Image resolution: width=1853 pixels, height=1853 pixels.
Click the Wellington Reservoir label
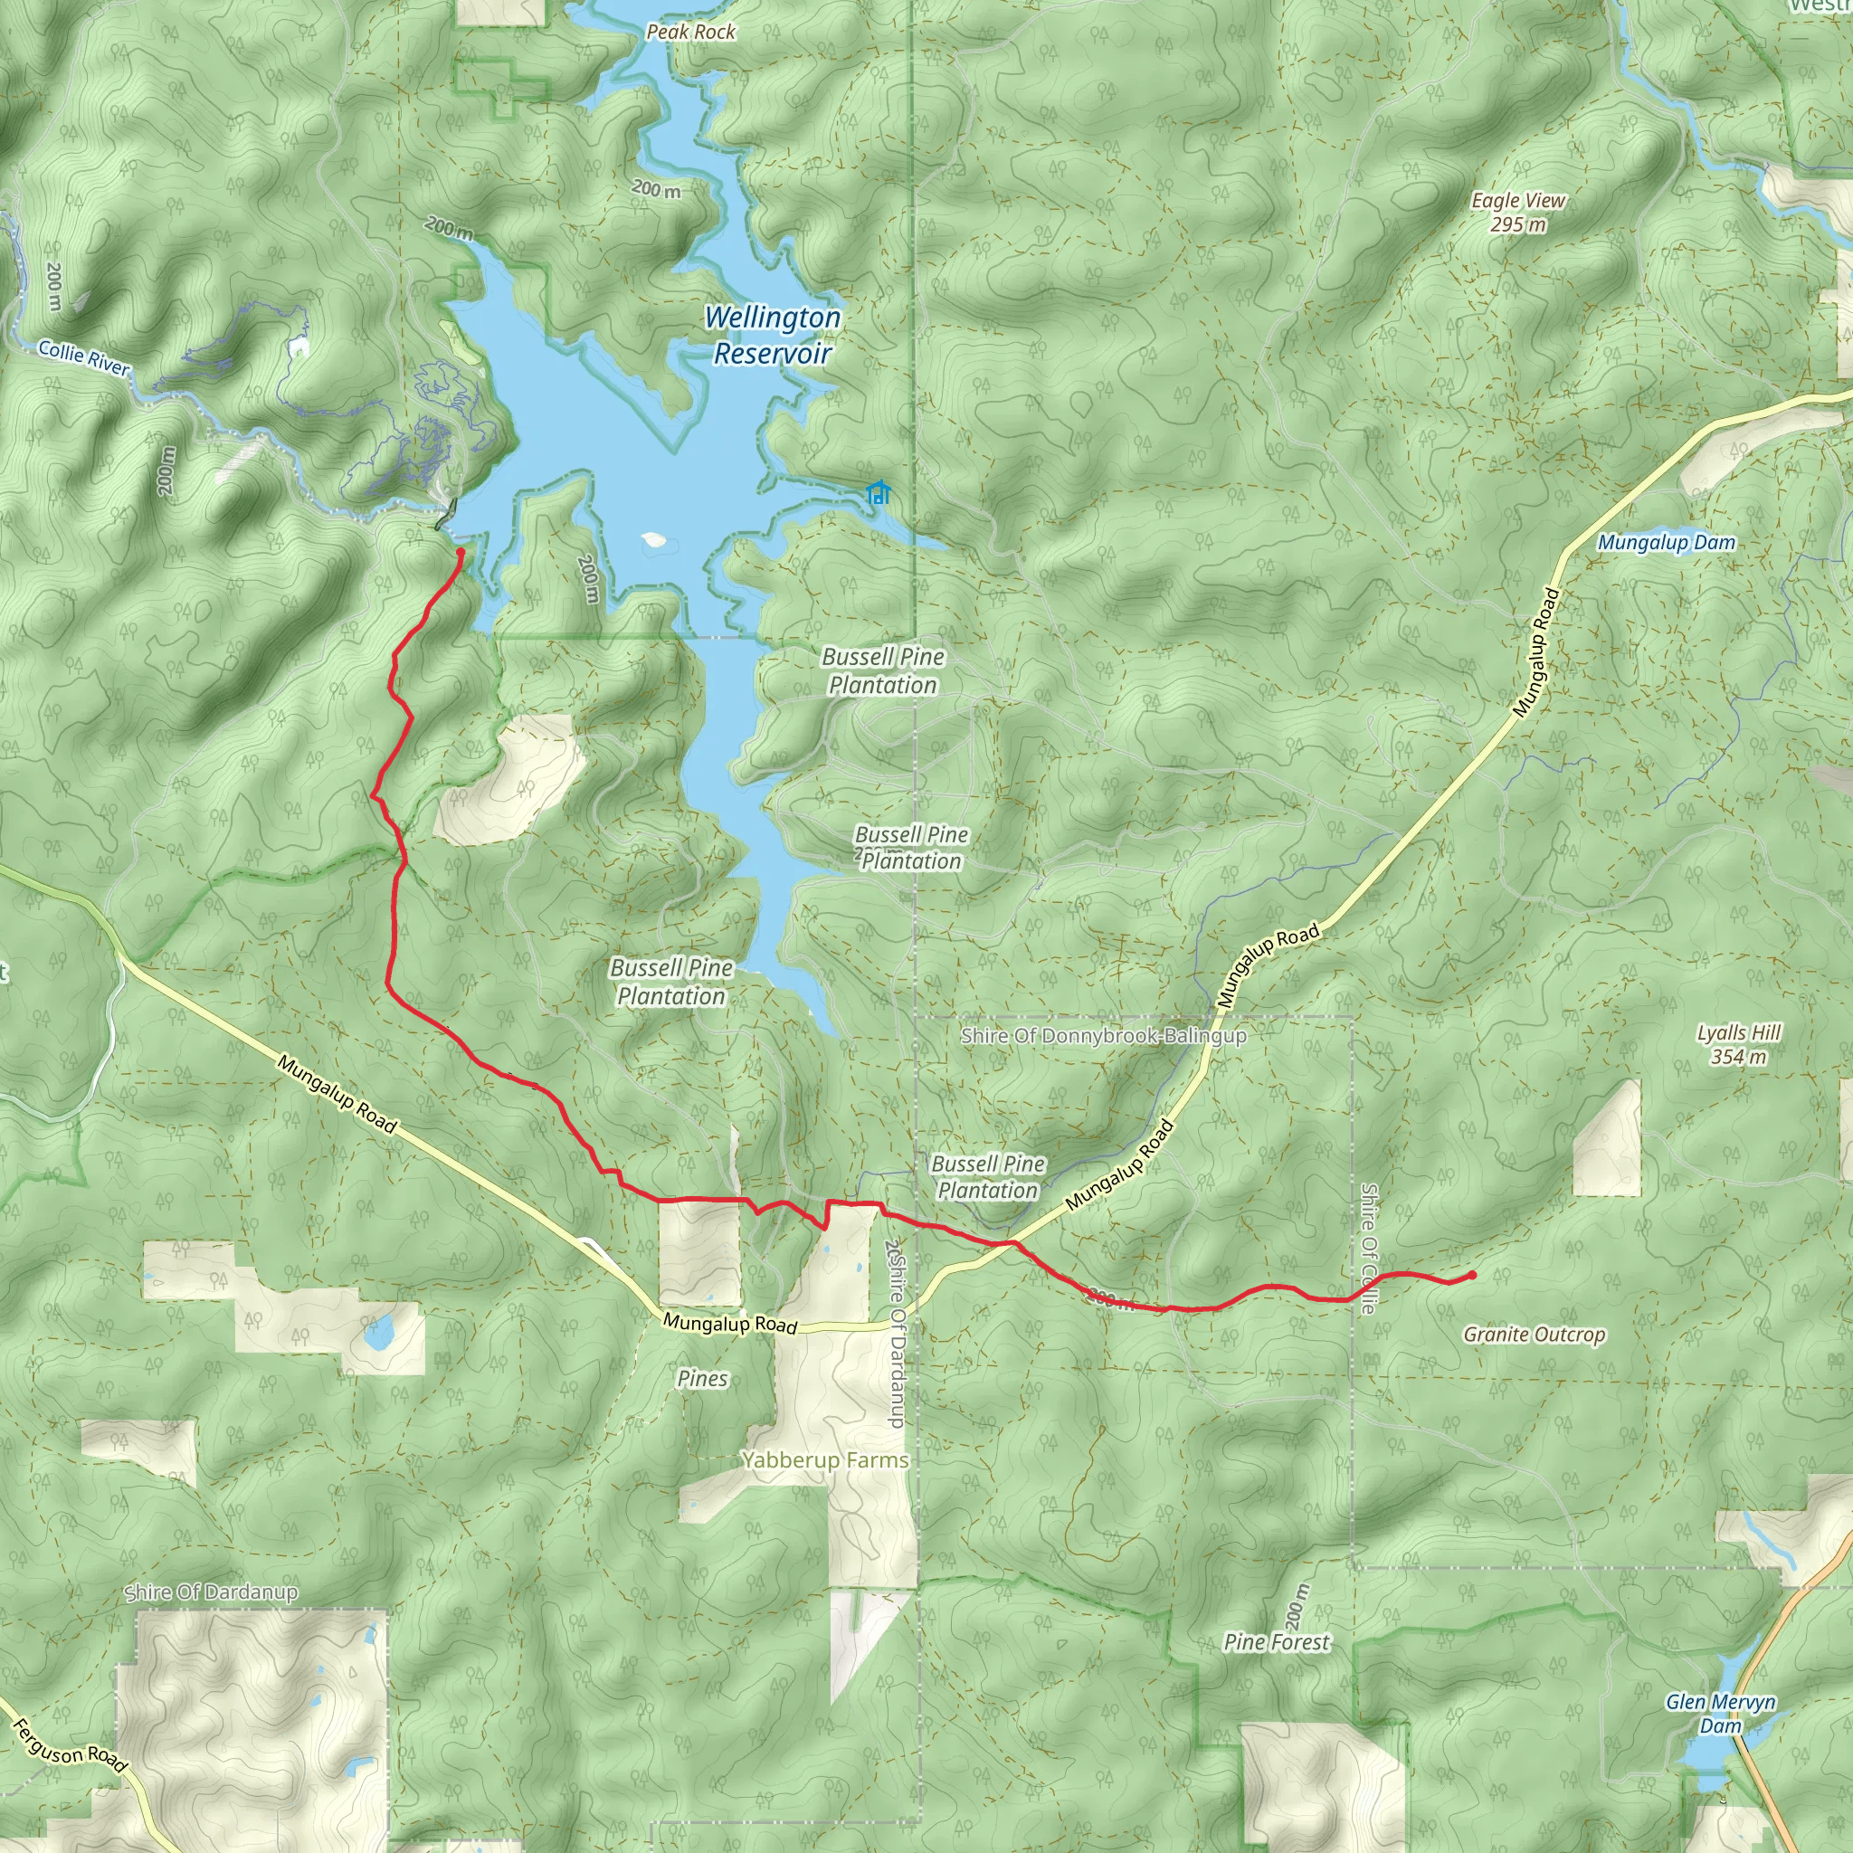(x=772, y=335)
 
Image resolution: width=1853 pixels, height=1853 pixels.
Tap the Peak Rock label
(x=690, y=32)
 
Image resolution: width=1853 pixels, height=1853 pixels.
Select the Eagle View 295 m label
(x=1517, y=212)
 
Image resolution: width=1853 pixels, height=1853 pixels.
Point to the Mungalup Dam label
(x=1666, y=543)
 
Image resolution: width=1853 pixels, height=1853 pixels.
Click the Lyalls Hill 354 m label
(x=1738, y=1044)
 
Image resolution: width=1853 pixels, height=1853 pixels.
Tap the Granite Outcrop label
(x=1534, y=1335)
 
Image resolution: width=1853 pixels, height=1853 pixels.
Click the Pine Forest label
(x=1277, y=1642)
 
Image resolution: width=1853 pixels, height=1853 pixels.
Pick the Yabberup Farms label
(x=825, y=1459)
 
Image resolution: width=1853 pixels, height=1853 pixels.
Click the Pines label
(x=702, y=1378)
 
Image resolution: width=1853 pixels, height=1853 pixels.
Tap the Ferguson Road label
(x=69, y=1745)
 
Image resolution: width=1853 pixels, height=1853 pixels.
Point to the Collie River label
(x=83, y=357)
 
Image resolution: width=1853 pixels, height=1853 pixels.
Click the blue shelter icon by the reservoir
(x=878, y=493)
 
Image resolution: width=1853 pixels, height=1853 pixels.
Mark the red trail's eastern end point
(x=1471, y=1275)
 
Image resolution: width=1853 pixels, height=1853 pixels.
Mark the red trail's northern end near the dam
(x=461, y=553)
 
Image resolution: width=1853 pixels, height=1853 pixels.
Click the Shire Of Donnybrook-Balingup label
(x=1103, y=1036)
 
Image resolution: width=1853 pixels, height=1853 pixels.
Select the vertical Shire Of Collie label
(x=1369, y=1247)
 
